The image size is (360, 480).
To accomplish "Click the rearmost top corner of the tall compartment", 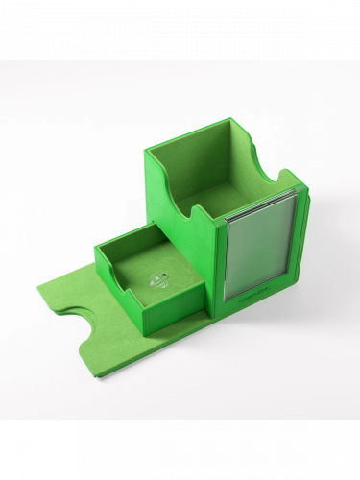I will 230,120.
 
